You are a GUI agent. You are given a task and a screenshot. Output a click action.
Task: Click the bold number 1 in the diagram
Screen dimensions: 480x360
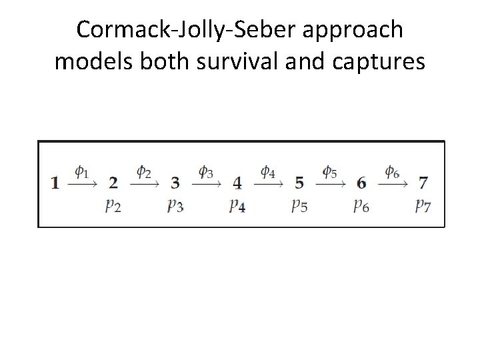(x=55, y=182)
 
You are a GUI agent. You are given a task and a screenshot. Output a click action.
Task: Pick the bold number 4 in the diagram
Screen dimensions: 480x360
(x=237, y=182)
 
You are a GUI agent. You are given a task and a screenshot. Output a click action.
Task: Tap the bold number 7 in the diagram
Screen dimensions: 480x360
(x=423, y=182)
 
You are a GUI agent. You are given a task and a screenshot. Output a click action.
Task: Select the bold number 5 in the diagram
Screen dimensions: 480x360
(x=299, y=182)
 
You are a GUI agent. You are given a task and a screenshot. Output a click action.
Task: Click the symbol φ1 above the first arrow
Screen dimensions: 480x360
(x=81, y=172)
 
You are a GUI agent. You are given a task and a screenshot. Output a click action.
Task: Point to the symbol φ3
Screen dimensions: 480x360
(x=206, y=172)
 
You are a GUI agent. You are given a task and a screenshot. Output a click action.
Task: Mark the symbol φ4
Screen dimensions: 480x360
(x=268, y=172)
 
